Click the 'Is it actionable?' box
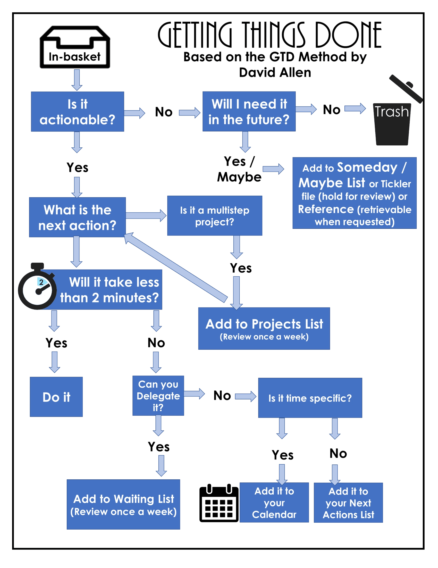point(78,111)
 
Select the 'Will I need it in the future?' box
point(249,111)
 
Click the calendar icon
point(218,504)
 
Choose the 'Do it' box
point(56,397)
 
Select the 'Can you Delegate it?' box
point(158,396)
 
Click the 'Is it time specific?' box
point(310,398)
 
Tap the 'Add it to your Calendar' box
point(274,503)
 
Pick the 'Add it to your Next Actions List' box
point(348,503)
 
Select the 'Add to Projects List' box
point(264,329)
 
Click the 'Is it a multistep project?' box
point(215,216)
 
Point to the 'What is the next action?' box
point(78,218)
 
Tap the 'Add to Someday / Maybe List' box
point(354,193)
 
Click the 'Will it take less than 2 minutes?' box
point(109,289)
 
